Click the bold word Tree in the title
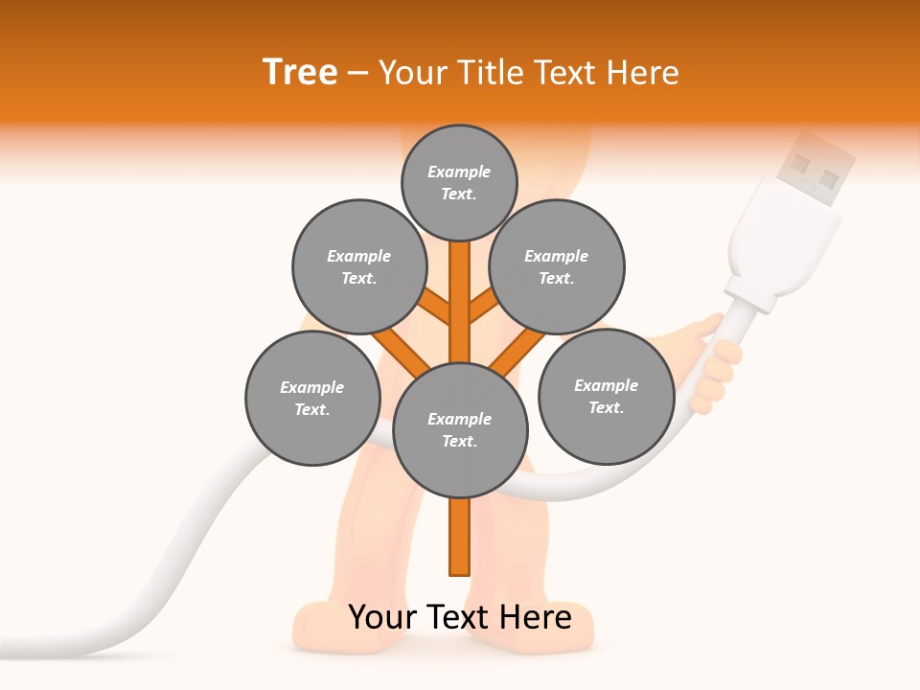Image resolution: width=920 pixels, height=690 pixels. [x=300, y=73]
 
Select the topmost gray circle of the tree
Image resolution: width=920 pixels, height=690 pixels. [x=459, y=182]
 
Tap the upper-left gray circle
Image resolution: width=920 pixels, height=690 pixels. [x=358, y=266]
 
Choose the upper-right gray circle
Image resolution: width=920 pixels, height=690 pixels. [x=556, y=266]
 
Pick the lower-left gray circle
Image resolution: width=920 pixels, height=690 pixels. [x=311, y=398]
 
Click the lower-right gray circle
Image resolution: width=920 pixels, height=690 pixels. [x=606, y=396]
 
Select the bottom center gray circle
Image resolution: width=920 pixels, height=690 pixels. [x=460, y=429]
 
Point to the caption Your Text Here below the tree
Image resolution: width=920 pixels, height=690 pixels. [x=460, y=617]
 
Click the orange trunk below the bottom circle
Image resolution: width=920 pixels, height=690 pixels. [x=460, y=537]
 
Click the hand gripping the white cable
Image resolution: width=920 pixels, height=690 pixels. [x=714, y=364]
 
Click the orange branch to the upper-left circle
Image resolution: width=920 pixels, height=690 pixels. [x=436, y=307]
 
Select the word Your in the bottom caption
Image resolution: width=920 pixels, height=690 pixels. [x=381, y=617]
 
